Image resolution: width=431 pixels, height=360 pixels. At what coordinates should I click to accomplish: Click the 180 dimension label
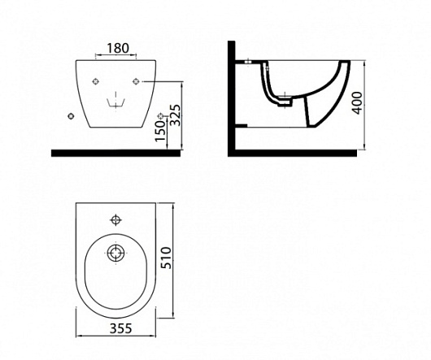117,48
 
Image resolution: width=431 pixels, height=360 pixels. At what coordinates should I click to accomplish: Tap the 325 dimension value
175,115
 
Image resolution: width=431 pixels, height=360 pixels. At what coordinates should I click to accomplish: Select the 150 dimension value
160,132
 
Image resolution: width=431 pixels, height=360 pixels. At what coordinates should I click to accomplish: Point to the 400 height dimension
357,103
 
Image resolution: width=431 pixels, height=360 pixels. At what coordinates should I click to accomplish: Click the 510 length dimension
166,258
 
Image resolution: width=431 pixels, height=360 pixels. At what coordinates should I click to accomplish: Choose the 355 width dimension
121,327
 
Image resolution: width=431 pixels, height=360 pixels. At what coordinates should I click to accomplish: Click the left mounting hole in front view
95,81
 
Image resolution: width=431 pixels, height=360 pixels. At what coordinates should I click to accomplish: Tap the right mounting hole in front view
136,81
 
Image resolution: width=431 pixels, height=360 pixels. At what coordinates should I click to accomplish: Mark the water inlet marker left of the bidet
72,116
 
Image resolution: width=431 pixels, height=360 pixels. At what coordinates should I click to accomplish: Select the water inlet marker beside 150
160,115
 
